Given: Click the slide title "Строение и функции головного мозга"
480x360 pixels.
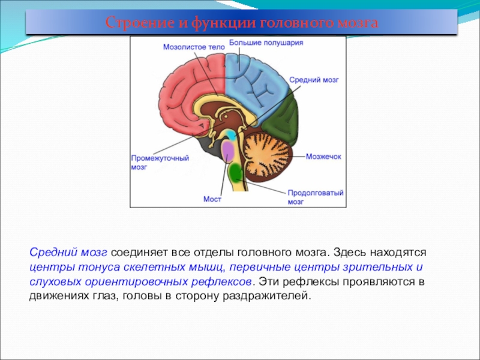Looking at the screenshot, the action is click(x=242, y=23).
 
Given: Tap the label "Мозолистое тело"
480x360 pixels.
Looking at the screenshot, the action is click(x=194, y=47).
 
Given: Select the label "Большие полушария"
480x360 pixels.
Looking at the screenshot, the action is click(x=266, y=43).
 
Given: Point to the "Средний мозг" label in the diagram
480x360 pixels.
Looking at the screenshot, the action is click(x=314, y=80).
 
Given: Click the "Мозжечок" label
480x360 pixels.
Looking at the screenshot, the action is click(x=323, y=157).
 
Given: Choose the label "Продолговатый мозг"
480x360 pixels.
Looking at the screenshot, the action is click(x=316, y=197).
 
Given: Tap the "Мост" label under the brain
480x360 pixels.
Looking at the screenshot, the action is click(x=212, y=199).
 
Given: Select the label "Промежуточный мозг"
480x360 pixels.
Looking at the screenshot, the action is click(x=160, y=163).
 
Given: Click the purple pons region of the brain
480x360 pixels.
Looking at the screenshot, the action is click(x=228, y=151).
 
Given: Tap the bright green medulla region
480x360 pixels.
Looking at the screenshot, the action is click(x=236, y=173).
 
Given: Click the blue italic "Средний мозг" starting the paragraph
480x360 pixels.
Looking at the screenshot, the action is click(x=68, y=253).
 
